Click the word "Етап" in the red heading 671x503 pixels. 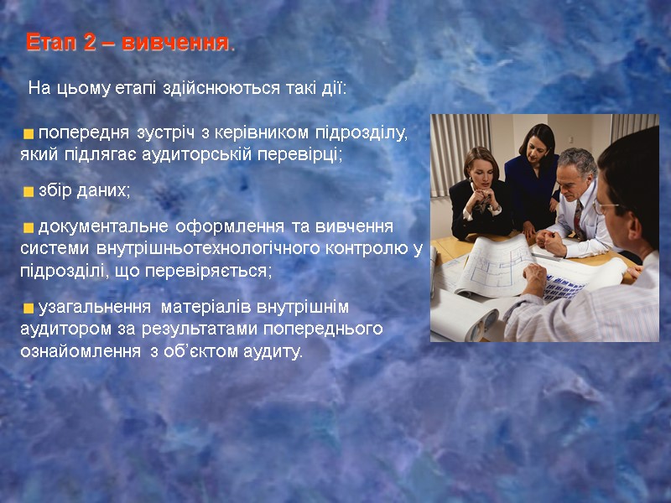click(x=53, y=43)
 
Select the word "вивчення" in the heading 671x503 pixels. click(x=174, y=43)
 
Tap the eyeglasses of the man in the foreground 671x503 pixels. click(x=605, y=205)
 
